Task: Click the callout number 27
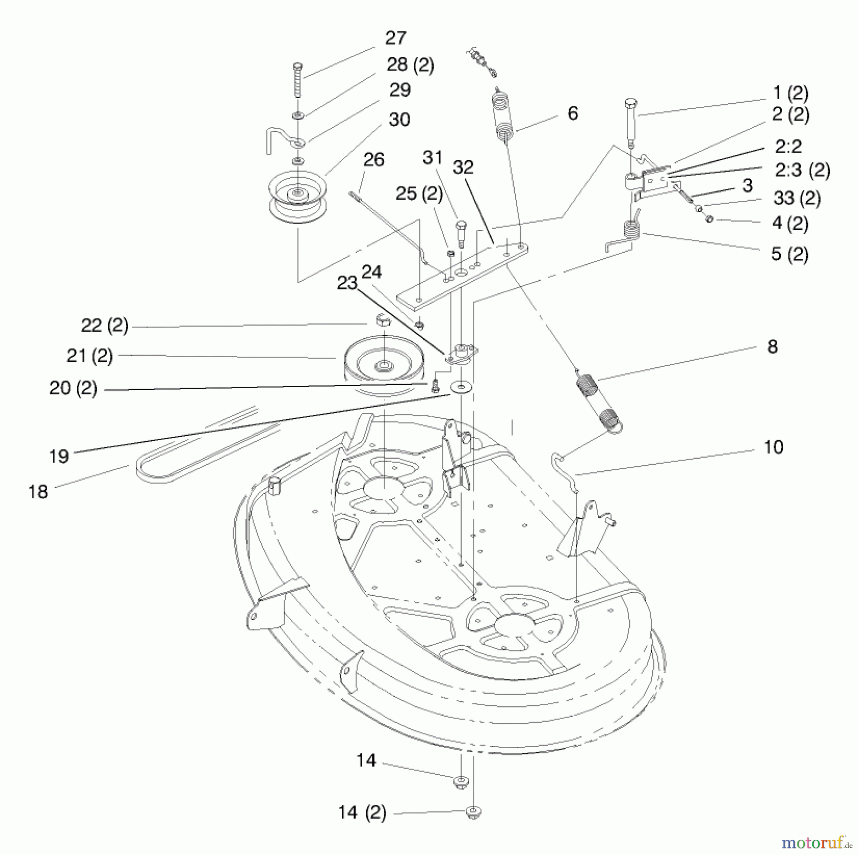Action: tap(396, 38)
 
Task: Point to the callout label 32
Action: tap(463, 167)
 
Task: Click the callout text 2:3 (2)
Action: tap(802, 170)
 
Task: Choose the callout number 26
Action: tap(374, 160)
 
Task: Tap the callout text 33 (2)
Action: tap(797, 198)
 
